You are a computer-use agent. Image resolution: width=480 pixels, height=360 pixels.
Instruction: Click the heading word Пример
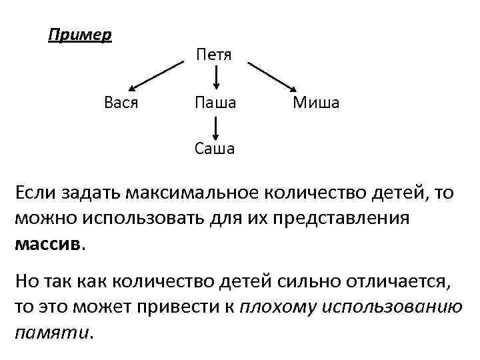[80, 34]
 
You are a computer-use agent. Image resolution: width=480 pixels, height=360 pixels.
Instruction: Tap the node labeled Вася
[121, 103]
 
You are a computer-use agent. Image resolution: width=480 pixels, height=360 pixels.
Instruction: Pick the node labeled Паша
[215, 103]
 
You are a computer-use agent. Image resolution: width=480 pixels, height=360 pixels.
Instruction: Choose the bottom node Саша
[215, 148]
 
